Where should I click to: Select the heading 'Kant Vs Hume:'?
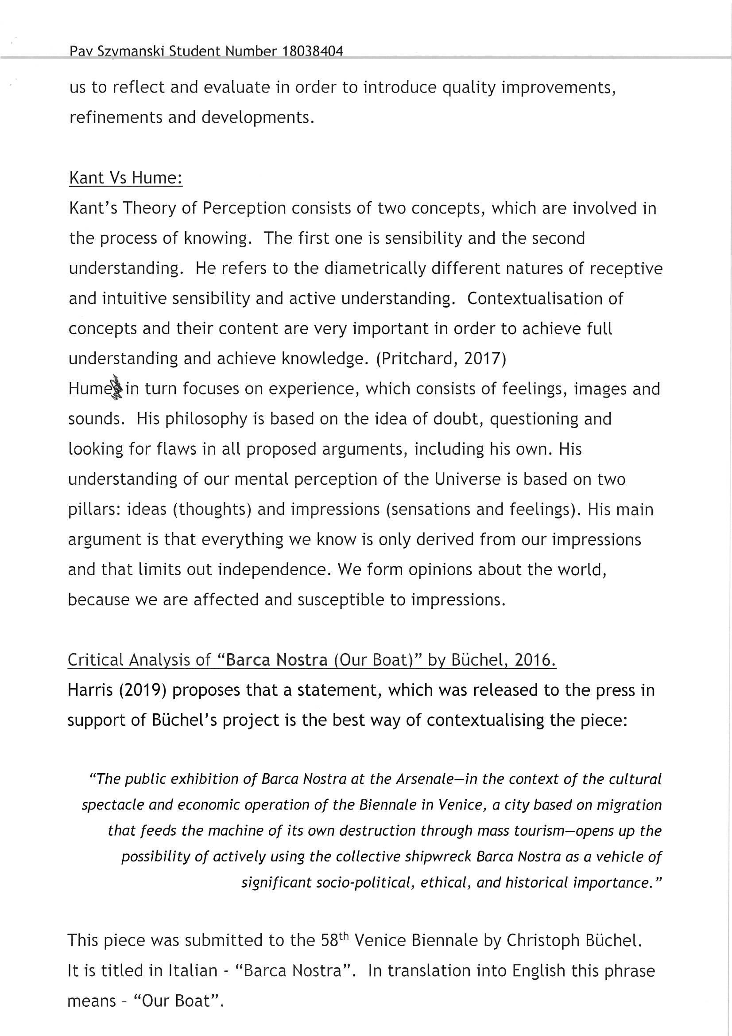pos(125,178)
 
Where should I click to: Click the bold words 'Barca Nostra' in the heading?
pos(276,660)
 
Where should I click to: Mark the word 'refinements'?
pos(115,118)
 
